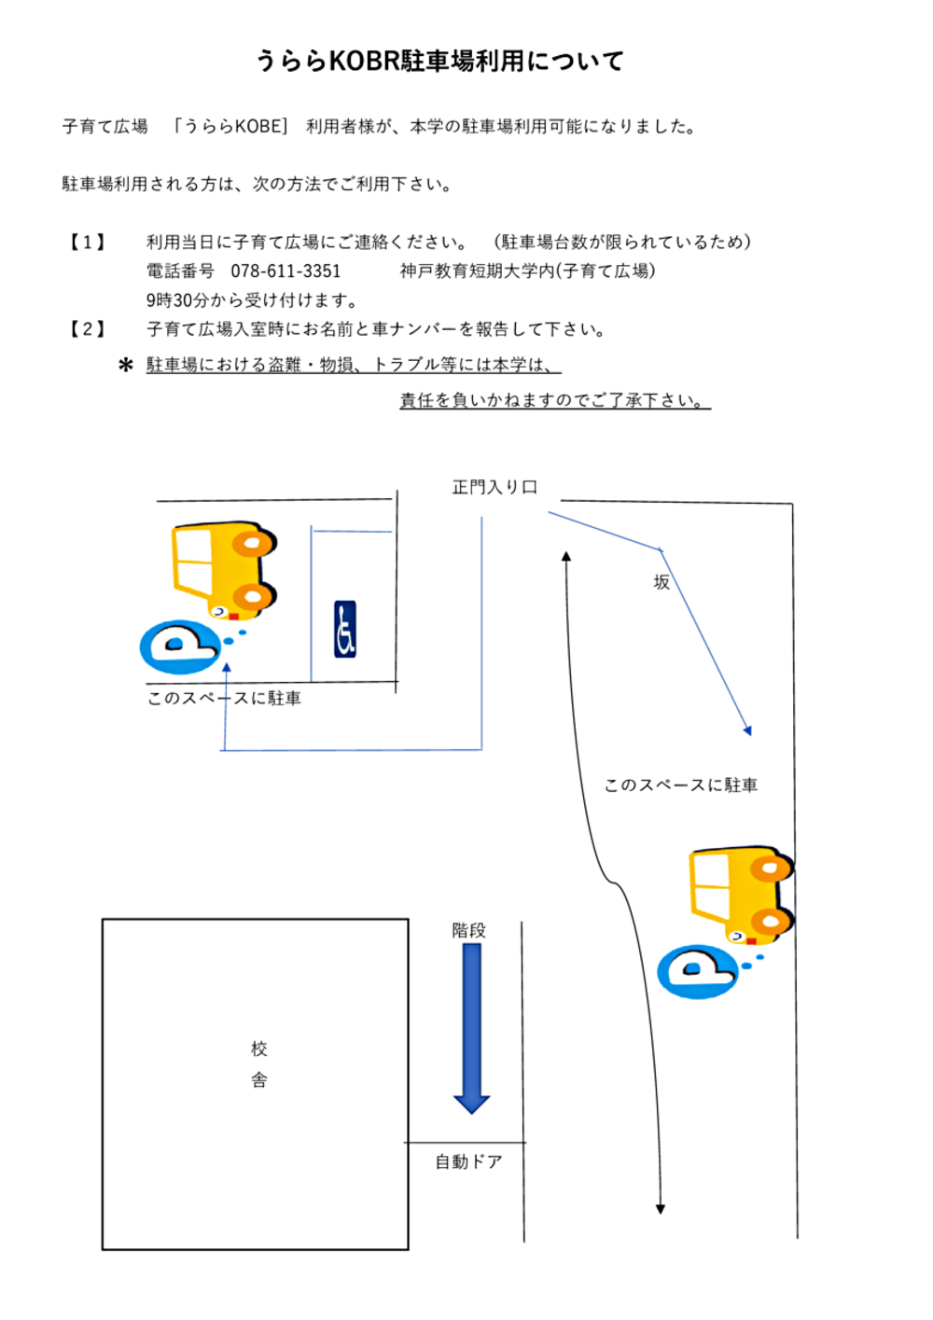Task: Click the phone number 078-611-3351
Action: coord(285,271)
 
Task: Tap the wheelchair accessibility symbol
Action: coord(345,629)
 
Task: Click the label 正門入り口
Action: coord(494,487)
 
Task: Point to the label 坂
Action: coord(661,582)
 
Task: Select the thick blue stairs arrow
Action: coord(472,1026)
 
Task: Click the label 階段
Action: coord(468,930)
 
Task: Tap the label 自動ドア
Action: coord(468,1161)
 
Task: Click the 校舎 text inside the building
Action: coord(259,1064)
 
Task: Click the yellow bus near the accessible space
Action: coord(224,568)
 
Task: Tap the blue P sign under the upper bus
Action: coord(179,646)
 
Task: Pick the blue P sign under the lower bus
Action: coord(697,971)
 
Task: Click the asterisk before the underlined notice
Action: coord(126,365)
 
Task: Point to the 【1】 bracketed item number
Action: coord(88,243)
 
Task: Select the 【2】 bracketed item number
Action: coord(88,329)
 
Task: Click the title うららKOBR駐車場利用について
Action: coord(439,62)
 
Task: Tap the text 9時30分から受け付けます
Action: coord(252,300)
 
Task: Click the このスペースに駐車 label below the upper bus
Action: coord(224,698)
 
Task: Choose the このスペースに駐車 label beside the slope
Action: coord(681,785)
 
